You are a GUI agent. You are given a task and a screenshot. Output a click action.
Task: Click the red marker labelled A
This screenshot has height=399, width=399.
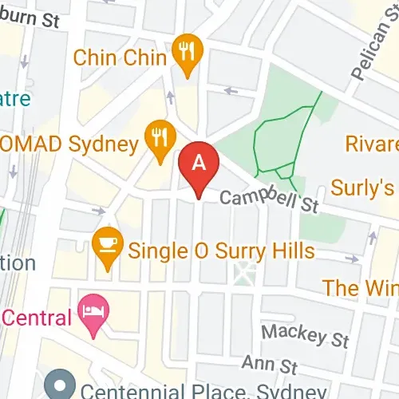coord(200,164)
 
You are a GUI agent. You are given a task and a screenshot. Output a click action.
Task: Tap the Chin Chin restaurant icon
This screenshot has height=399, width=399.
coord(188,53)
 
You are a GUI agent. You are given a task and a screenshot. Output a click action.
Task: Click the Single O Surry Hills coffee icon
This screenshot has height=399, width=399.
coord(107,243)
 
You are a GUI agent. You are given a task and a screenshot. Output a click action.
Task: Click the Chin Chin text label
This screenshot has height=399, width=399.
coord(120,57)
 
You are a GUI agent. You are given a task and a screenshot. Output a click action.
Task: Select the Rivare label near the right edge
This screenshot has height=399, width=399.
coord(372,144)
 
